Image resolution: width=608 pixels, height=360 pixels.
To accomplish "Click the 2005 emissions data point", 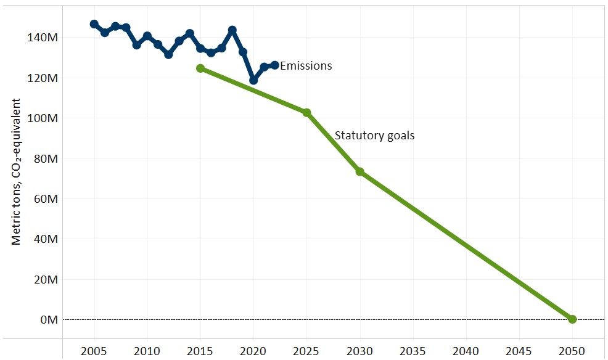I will (x=94, y=24).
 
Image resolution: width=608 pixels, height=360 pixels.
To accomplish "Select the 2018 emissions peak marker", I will (x=232, y=30).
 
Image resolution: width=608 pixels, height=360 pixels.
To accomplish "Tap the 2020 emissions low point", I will (x=253, y=80).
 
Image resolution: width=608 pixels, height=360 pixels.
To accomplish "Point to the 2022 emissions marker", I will (x=274, y=65).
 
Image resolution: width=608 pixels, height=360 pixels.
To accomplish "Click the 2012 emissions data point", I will (x=168, y=54).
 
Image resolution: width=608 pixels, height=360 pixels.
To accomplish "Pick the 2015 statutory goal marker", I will (x=200, y=68).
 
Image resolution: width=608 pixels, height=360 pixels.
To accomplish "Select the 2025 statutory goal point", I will (x=306, y=112).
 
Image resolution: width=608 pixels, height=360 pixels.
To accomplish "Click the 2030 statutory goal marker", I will (x=359, y=171).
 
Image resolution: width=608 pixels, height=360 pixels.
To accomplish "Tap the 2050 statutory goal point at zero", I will (x=572, y=319).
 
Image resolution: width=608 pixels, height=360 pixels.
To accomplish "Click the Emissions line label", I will (x=306, y=66).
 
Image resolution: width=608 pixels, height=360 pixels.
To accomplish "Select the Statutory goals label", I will (x=374, y=136).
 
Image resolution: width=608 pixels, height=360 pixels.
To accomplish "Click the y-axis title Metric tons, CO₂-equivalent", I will (x=17, y=171).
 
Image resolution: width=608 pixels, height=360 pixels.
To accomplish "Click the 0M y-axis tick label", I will (x=49, y=320).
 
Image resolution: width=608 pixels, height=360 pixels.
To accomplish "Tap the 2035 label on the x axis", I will (x=413, y=351).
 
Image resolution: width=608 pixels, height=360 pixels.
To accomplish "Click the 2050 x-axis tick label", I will (x=572, y=351).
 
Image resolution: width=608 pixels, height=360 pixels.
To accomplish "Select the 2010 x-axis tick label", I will (x=147, y=351).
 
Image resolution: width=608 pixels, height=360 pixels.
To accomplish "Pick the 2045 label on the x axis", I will (x=519, y=351).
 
